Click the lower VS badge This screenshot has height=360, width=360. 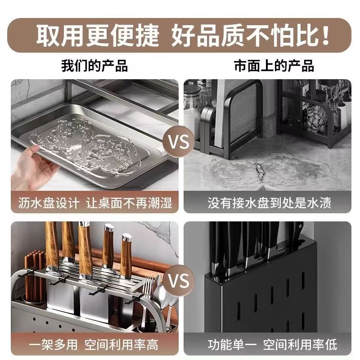179,280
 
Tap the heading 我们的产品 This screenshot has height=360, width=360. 94,66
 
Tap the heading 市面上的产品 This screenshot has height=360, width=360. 274,66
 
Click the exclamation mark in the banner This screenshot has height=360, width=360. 325,36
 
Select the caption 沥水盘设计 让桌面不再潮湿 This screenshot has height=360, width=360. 95,203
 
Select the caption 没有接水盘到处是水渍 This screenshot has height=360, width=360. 269,203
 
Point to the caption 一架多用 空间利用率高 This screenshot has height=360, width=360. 94,345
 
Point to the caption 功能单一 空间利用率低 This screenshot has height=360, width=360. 272,345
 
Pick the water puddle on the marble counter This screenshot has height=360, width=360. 269,171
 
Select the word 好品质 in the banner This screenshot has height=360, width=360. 208,36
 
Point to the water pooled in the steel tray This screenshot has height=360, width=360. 85,144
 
